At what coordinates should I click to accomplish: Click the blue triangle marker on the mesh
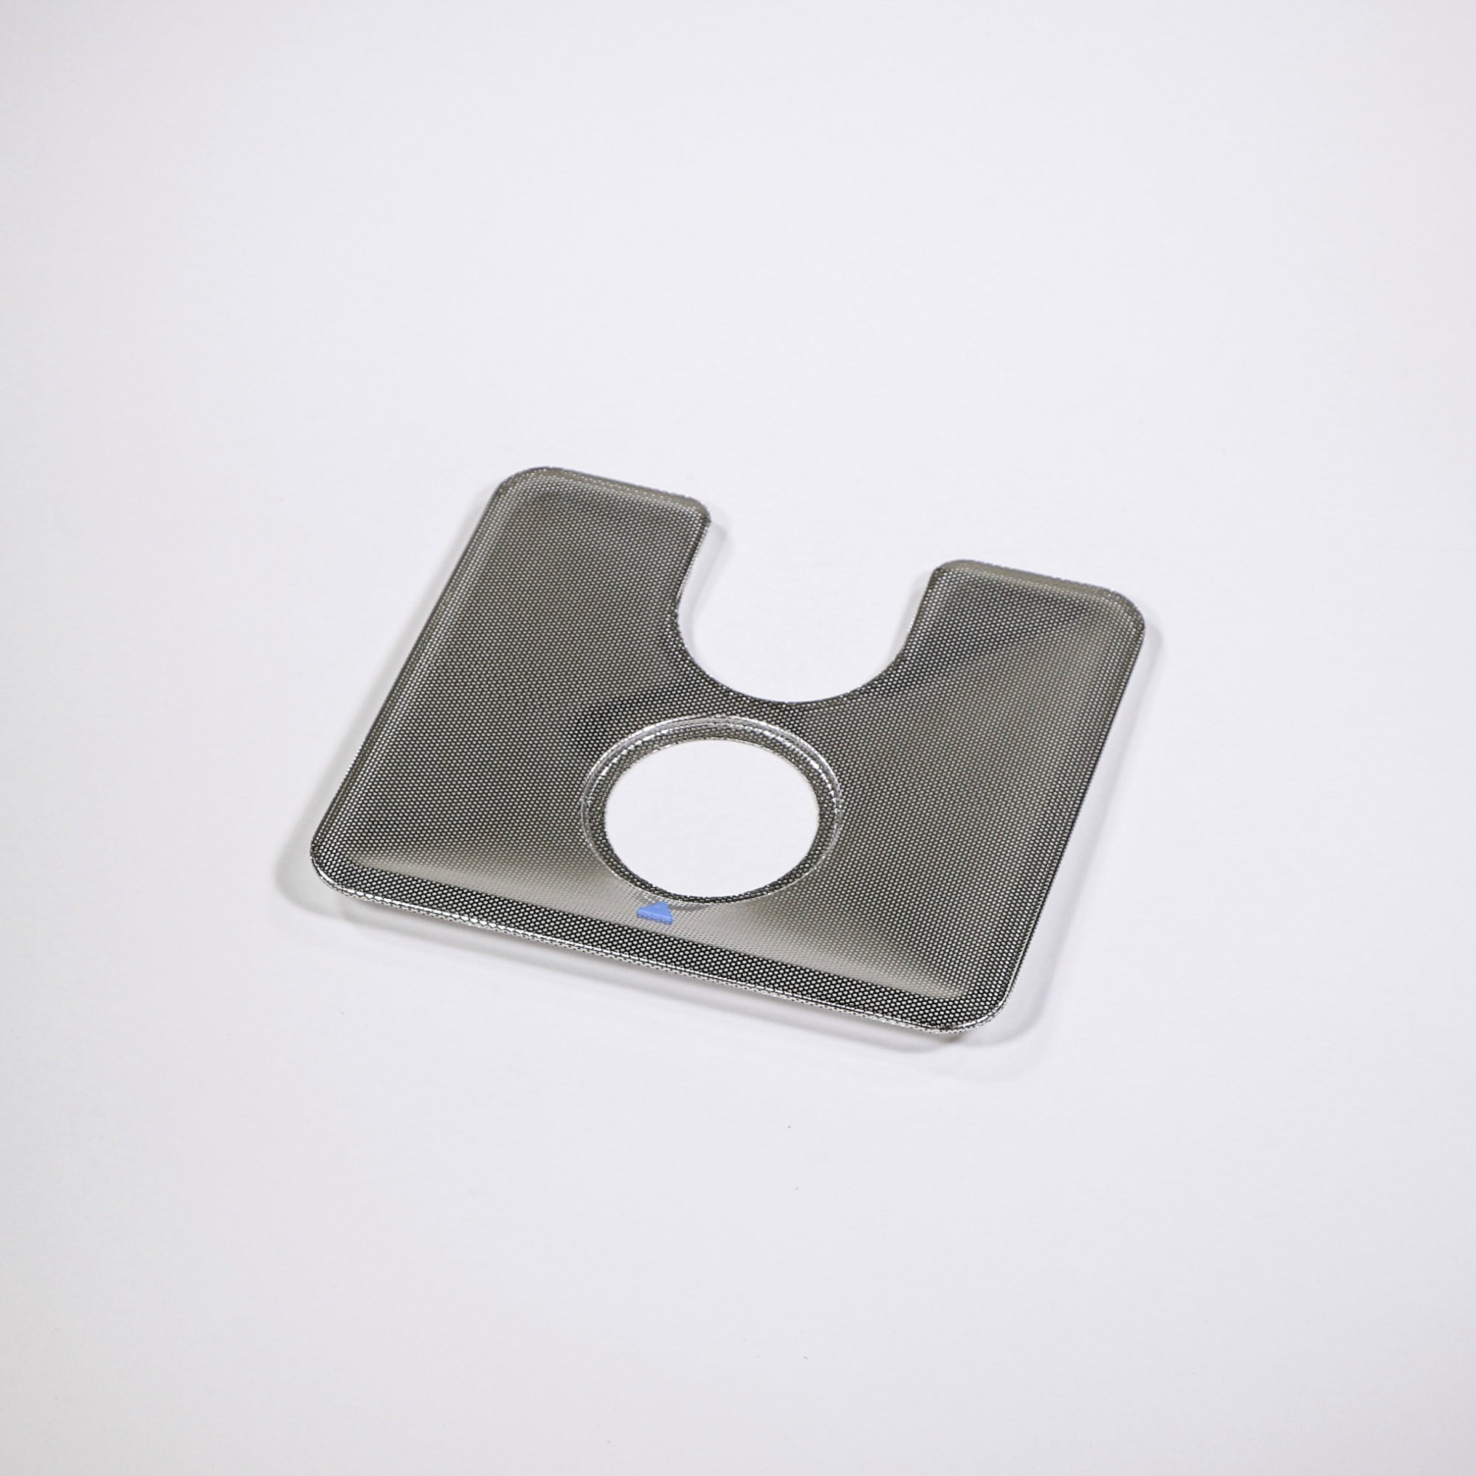click(x=654, y=911)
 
